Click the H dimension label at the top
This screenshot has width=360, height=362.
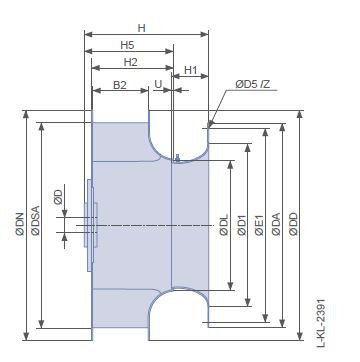[142, 28]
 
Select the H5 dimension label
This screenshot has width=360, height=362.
[127, 45]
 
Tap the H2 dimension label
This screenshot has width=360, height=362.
[131, 62]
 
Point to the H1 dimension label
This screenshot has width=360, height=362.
[191, 70]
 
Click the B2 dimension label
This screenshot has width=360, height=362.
[120, 85]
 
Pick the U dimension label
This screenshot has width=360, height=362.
[158, 84]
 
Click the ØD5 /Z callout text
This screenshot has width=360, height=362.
[253, 84]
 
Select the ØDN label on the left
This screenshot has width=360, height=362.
[20, 224]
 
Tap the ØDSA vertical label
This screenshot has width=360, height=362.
[35, 221]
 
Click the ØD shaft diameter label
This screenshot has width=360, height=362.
[58, 197]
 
